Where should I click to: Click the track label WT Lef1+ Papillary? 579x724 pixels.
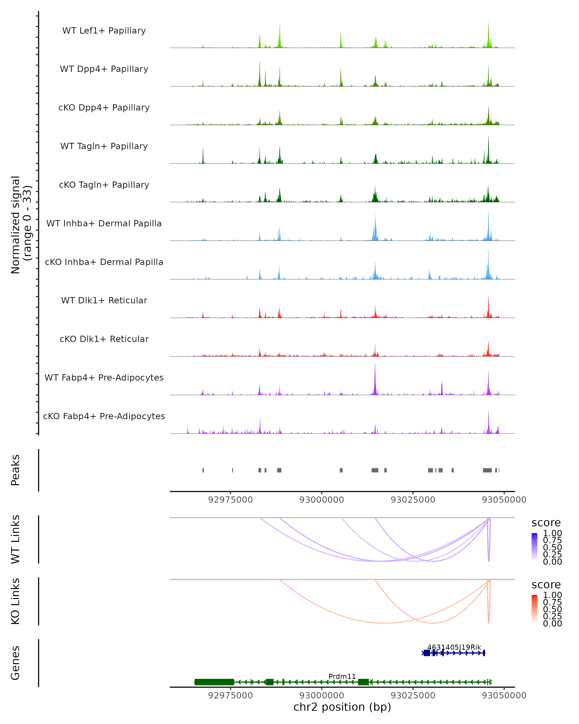[104, 31]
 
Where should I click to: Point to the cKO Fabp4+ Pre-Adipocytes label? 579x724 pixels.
[104, 416]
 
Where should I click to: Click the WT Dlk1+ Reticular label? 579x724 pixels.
[104, 300]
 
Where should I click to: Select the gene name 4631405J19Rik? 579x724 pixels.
[454, 647]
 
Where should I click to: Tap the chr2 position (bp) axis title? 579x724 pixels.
[342, 707]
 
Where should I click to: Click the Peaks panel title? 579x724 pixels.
[15, 470]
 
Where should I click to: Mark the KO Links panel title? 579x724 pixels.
[15, 601]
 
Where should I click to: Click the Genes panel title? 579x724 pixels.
[15, 663]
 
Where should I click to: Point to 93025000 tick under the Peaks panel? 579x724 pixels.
[413, 500]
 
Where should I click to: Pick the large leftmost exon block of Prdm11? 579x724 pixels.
[214, 682]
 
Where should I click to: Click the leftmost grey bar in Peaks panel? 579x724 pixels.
[203, 470]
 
